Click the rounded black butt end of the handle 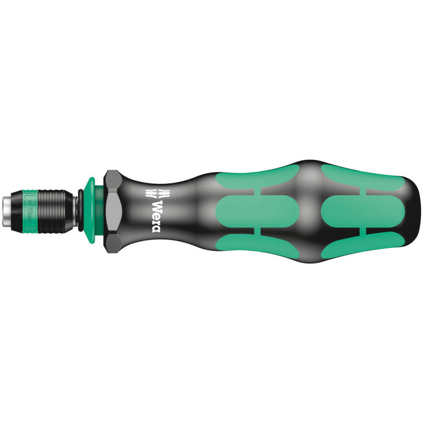[413, 210]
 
